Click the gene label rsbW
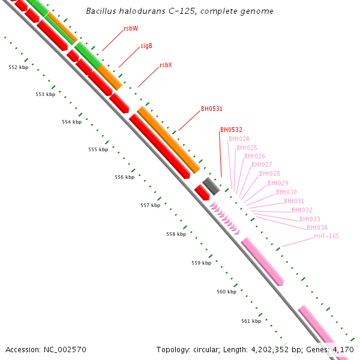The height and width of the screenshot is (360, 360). [x=131, y=28]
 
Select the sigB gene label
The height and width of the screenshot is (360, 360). [x=146, y=46]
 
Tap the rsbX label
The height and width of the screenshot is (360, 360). [x=166, y=65]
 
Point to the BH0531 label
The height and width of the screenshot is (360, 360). [x=212, y=109]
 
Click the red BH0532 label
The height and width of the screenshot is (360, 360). [x=231, y=130]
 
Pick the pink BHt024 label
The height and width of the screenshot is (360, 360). [x=238, y=139]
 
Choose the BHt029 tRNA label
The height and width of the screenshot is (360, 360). [x=278, y=183]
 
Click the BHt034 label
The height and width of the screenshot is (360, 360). [x=317, y=227]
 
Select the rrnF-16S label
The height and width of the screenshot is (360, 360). [x=326, y=236]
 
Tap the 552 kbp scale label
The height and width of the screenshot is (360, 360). [x=19, y=67]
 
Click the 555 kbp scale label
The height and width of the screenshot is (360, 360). [x=98, y=149]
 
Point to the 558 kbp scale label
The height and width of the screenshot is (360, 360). [x=176, y=234]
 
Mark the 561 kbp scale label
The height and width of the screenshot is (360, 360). [x=251, y=321]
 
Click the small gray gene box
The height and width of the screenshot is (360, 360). [x=210, y=184]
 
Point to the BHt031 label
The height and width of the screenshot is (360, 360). [x=293, y=201]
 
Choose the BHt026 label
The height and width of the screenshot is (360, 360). [x=254, y=156]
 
